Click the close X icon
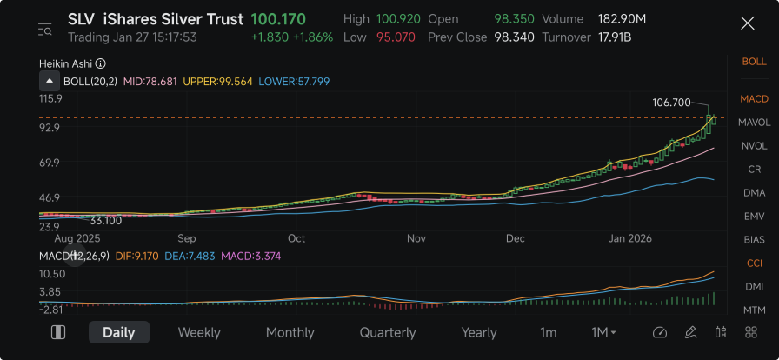click(x=747, y=23)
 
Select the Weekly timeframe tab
click(x=199, y=332)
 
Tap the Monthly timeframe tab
click(x=290, y=332)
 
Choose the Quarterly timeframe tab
click(x=388, y=332)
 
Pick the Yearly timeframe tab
click(x=479, y=332)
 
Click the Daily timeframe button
click(x=119, y=332)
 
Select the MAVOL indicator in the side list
click(x=754, y=123)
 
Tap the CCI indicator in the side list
click(x=754, y=263)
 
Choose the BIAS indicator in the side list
click(x=754, y=240)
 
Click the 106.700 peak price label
click(x=671, y=103)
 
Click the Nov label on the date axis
click(x=416, y=238)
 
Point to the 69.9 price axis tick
click(x=50, y=162)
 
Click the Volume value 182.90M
click(x=622, y=19)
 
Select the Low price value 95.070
click(x=396, y=37)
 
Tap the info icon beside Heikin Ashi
click(x=100, y=63)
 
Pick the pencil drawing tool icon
click(x=690, y=332)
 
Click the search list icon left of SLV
click(x=44, y=30)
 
